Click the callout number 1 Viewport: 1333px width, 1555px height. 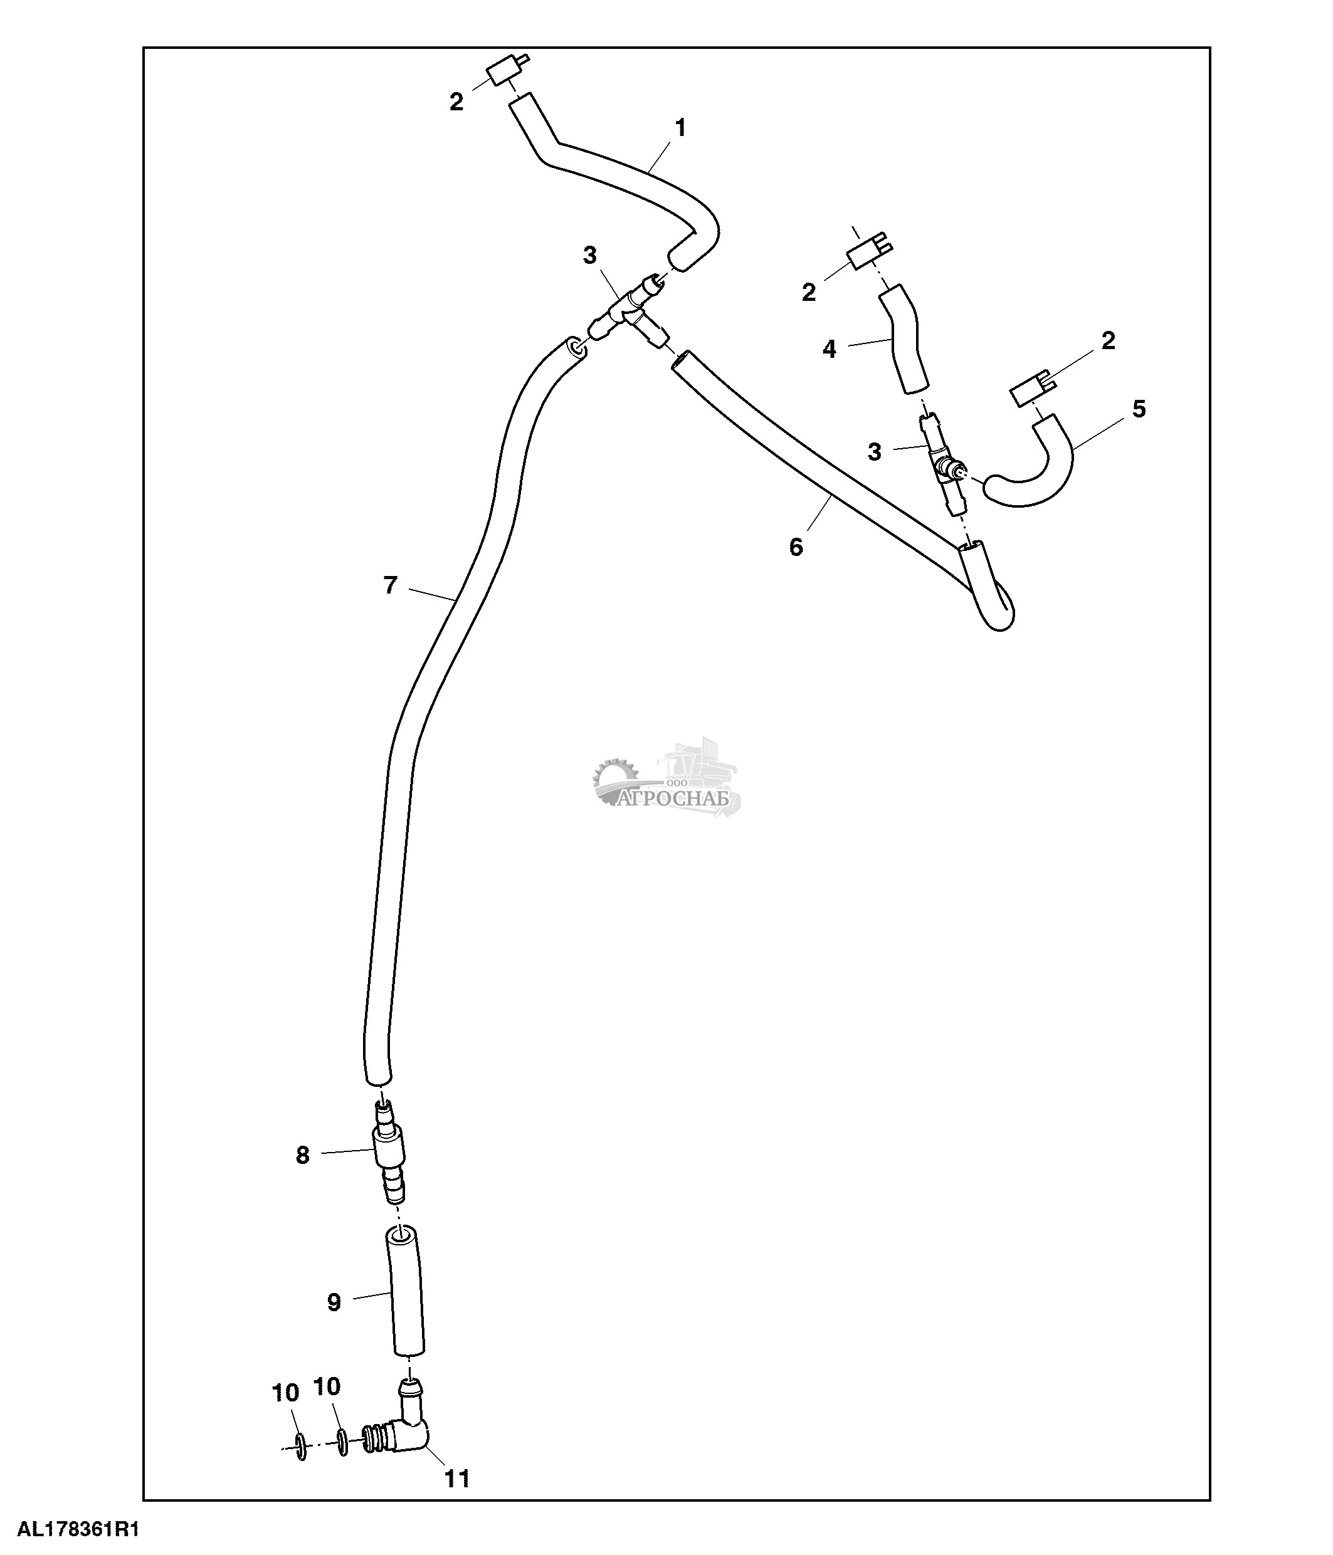680,128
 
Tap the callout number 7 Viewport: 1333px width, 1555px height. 389,585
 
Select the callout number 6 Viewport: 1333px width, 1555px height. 796,547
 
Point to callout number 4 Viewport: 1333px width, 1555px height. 829,349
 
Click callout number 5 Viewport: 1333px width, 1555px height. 1139,409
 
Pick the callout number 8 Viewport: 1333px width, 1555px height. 302,1156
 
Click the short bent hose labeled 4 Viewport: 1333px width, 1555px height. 904,342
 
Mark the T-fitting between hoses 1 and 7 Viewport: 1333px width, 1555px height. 628,312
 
